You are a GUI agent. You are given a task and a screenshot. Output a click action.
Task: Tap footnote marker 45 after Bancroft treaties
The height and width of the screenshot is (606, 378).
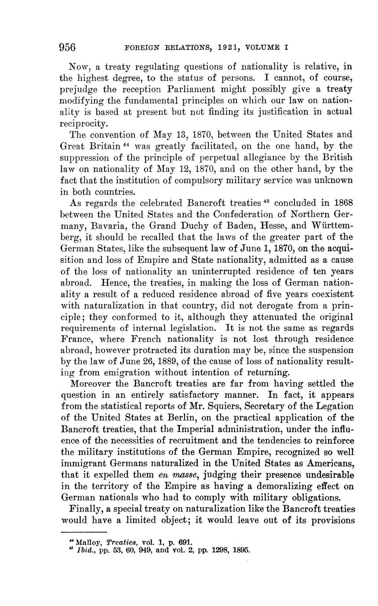point(266,202)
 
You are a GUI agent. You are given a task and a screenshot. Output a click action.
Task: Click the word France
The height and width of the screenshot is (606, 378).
point(74,339)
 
